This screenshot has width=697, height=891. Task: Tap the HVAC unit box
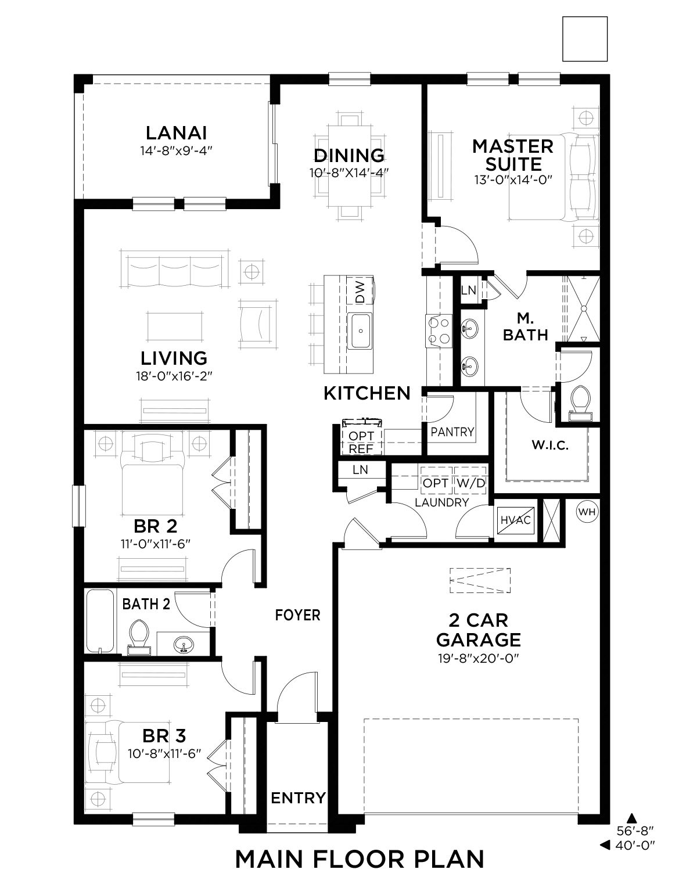tap(516, 520)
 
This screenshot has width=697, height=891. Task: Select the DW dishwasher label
tap(360, 292)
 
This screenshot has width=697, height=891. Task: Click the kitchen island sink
tap(360, 331)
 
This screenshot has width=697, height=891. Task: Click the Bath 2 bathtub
tap(100, 621)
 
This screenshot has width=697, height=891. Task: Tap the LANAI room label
tap(177, 133)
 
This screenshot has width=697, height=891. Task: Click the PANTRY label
tap(452, 432)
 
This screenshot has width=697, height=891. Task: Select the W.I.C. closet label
tap(550, 445)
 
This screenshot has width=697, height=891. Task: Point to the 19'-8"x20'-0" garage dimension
tap(479, 659)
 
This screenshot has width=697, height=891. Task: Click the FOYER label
tap(297, 615)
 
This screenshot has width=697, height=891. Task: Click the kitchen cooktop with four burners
tap(439, 331)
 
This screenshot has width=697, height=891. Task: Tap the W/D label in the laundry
tap(470, 483)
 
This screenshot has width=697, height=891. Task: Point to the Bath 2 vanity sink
tap(184, 644)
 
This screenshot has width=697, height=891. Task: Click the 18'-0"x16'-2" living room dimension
tap(174, 376)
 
